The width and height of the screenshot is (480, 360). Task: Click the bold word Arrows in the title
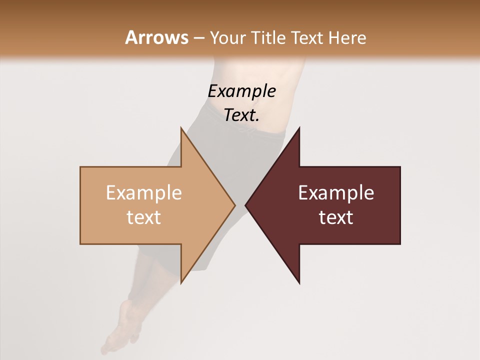[x=156, y=37]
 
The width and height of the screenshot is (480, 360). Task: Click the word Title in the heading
[x=268, y=37]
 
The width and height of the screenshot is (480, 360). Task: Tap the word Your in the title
[x=227, y=37]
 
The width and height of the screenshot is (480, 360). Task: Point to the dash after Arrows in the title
[x=198, y=38]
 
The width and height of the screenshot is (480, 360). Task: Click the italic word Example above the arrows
[x=241, y=91]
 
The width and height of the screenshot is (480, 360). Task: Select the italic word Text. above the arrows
[x=241, y=115]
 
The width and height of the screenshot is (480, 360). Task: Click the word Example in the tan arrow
[x=143, y=193]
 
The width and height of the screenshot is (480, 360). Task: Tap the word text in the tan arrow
[x=143, y=217]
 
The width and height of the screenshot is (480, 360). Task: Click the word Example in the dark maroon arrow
[x=336, y=193]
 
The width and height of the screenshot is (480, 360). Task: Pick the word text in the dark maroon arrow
[x=336, y=217]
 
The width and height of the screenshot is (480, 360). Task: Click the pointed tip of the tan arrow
[x=234, y=205]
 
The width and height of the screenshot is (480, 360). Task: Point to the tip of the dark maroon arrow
[x=246, y=205]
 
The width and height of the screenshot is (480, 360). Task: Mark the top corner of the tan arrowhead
[x=181, y=128]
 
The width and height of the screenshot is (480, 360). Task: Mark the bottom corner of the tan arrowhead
[x=181, y=282]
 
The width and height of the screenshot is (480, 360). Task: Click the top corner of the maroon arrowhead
[x=299, y=128]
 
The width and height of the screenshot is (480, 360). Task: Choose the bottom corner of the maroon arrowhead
[x=299, y=282]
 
